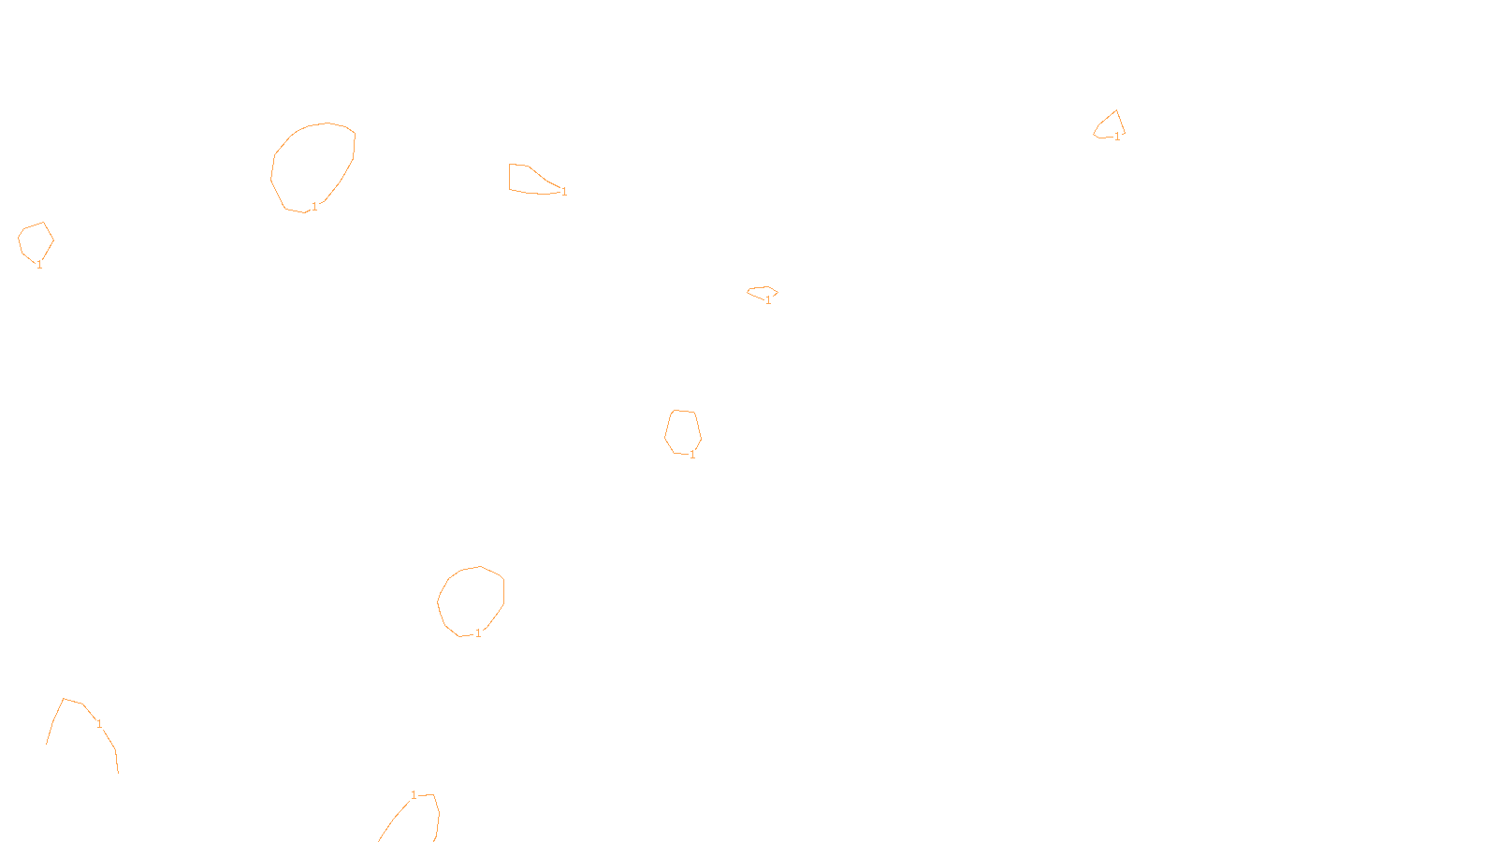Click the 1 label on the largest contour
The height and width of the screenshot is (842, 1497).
(314, 207)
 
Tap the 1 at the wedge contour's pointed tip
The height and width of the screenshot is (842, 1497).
(564, 192)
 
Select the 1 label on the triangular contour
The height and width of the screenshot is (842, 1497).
(1117, 137)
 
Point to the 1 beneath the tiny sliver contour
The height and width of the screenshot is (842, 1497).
(768, 300)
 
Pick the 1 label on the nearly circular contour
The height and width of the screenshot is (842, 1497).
(478, 633)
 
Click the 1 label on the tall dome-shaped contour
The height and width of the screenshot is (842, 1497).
(692, 455)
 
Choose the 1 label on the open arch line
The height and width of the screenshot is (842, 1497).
(99, 724)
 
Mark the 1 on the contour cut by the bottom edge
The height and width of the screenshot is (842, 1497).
(414, 795)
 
